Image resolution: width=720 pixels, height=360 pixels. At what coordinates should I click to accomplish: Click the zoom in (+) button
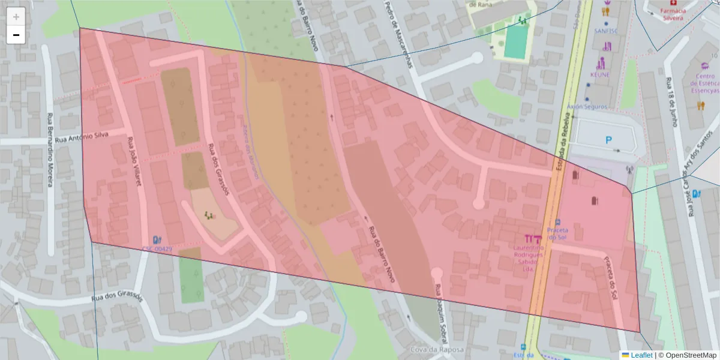[x=16, y=17]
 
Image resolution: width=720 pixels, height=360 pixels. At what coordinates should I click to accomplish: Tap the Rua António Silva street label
[x=81, y=137]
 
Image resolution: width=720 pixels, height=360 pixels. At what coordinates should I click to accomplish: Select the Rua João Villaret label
[x=134, y=161]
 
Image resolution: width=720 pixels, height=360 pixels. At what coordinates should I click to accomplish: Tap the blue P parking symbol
[x=608, y=140]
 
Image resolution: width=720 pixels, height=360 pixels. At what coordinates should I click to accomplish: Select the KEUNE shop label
[x=599, y=74]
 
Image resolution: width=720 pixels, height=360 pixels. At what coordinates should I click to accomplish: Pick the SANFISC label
[x=605, y=29]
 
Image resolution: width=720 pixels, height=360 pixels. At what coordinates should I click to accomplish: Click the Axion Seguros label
[x=587, y=107]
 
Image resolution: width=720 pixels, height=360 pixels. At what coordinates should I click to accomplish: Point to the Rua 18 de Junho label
[x=673, y=103]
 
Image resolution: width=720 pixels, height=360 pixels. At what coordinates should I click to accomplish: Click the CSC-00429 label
[x=157, y=248]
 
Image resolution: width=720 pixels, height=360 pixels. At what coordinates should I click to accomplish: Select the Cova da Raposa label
[x=437, y=350]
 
